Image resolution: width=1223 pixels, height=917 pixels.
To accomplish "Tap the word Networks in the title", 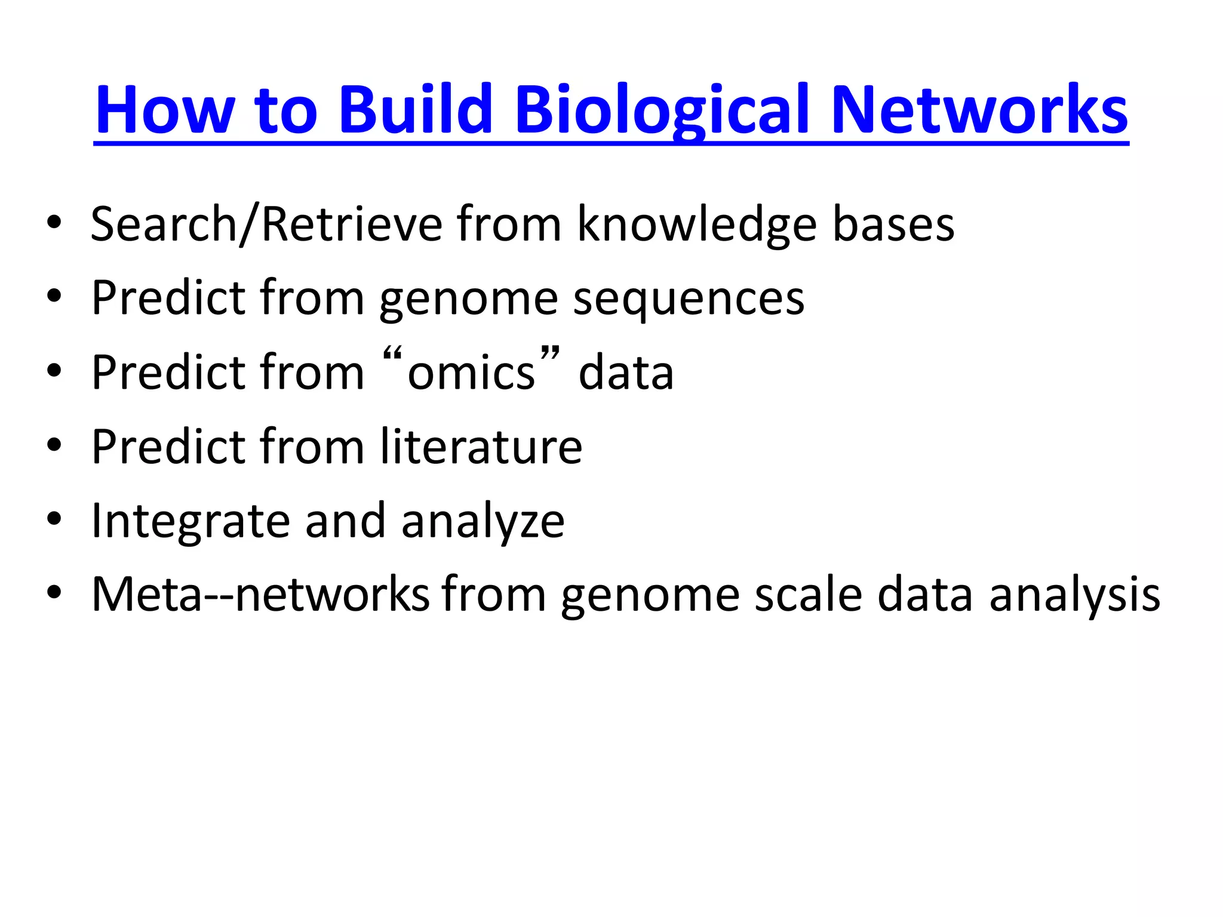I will [x=979, y=110].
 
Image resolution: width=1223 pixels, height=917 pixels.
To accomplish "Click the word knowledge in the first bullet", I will [x=696, y=224].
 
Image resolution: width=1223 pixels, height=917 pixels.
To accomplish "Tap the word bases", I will [x=893, y=224].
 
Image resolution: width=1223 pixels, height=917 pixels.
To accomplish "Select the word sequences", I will [x=689, y=299].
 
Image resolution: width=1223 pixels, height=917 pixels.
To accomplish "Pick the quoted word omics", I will [x=471, y=373].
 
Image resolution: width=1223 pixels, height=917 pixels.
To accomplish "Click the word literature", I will [x=481, y=447].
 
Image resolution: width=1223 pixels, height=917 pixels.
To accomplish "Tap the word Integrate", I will [x=190, y=521].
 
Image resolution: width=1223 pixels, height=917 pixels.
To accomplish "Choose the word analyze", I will [x=483, y=521].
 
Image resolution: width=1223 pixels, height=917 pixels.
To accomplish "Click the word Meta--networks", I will [x=260, y=595].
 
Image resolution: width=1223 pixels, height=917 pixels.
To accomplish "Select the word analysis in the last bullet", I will [x=1074, y=595].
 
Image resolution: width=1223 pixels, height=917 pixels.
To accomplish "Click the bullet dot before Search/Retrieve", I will [x=54, y=222].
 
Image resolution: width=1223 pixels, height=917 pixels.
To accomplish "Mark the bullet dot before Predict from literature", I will [x=54, y=445].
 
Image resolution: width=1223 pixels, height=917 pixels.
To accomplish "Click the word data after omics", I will [x=626, y=373].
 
